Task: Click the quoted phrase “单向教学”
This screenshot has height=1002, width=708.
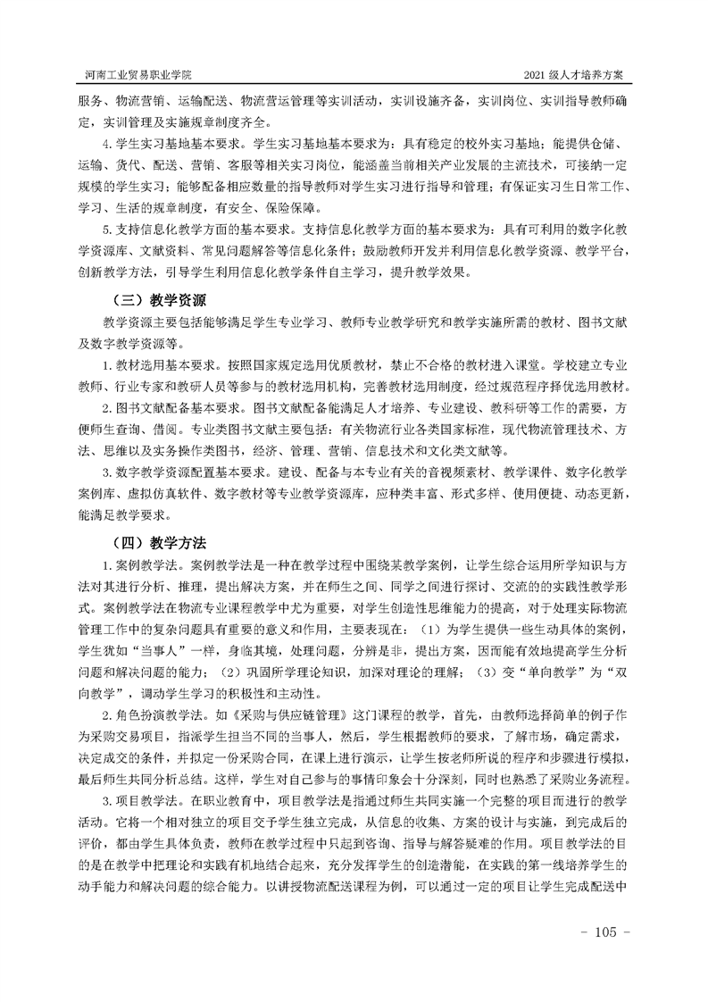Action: click(x=553, y=672)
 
